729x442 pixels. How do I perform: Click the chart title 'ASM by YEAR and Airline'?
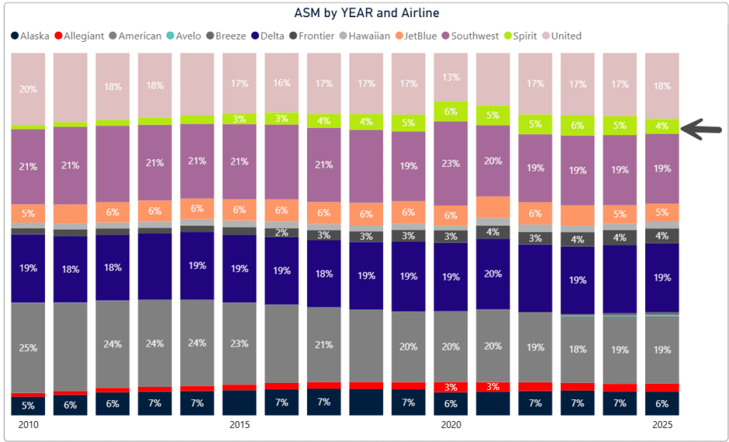click(367, 13)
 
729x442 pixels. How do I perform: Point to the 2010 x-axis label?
click(28, 425)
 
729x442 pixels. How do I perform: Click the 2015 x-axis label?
click(240, 425)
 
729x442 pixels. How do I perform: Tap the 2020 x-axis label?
click(451, 425)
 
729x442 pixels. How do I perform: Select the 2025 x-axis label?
click(662, 425)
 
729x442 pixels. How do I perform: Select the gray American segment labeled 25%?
click(28, 347)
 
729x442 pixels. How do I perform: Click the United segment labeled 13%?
click(451, 77)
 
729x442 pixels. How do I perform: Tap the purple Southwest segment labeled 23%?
click(451, 164)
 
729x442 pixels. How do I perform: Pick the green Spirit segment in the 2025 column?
click(662, 126)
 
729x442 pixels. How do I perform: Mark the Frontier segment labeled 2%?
click(282, 233)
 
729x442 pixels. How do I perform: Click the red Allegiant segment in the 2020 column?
click(451, 387)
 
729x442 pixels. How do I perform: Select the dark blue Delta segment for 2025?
click(662, 278)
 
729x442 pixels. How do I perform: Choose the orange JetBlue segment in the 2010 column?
click(28, 213)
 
